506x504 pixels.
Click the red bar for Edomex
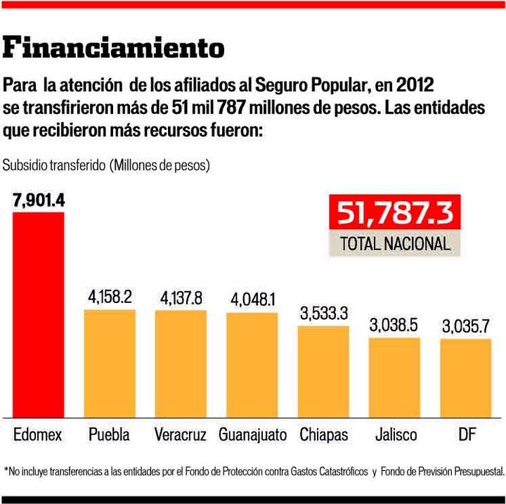[38, 314]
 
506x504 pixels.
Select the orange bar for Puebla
[110, 363]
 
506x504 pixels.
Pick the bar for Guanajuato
[252, 364]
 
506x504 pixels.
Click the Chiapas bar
[323, 371]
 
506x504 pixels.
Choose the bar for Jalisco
[394, 377]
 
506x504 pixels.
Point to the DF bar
[466, 377]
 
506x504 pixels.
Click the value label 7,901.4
[38, 200]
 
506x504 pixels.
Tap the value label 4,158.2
[110, 297]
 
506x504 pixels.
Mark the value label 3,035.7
[466, 327]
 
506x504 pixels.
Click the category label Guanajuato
[252, 434]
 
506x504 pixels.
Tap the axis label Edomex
[38, 434]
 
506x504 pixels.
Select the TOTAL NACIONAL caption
[394, 243]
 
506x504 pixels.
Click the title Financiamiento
[114, 48]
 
